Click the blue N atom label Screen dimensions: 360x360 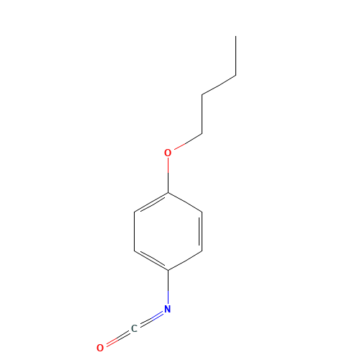coord(168,309)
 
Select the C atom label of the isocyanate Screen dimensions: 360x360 coord(134,328)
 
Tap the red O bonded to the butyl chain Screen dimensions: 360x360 coord(168,153)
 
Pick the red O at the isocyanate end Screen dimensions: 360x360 coord(100,348)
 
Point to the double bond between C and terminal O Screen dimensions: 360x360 coord(118,338)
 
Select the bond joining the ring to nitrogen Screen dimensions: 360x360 coord(168,287)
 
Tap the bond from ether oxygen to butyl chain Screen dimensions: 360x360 coord(188,142)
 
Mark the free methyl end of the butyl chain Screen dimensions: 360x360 coord(235,37)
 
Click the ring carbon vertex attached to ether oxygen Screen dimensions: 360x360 coord(168,192)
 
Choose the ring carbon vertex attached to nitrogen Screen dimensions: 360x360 coord(168,271)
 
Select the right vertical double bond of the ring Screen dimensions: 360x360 coord(201,231)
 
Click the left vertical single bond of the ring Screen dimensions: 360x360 coord(134,231)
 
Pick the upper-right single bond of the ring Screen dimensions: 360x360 coord(185,202)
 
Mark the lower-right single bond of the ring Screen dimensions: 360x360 coord(185,261)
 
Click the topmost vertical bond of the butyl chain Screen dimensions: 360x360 coord(235,56)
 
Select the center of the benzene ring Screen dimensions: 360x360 coord(168,231)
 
